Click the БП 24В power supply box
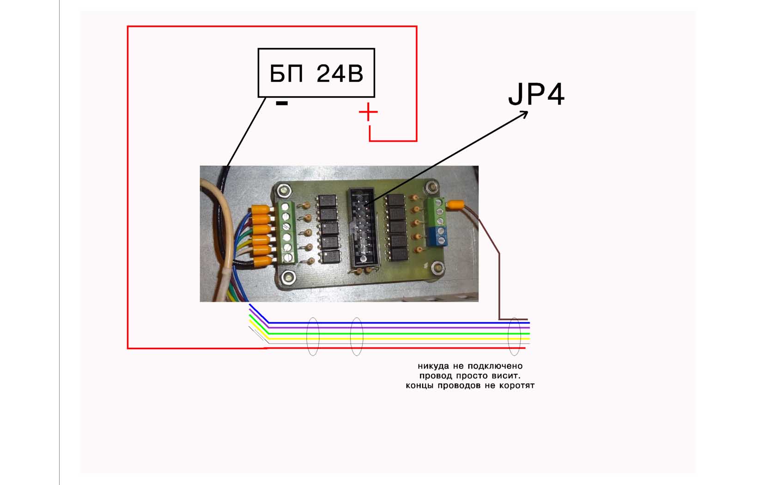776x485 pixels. click(x=316, y=73)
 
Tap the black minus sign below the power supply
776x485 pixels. click(x=282, y=103)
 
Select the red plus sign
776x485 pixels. click(x=368, y=112)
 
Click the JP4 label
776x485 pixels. click(x=536, y=94)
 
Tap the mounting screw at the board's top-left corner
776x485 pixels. click(x=284, y=190)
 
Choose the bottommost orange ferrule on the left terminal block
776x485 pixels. click(x=264, y=262)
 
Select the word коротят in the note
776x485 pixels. click(x=517, y=386)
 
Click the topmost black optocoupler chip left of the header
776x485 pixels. click(x=327, y=200)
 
